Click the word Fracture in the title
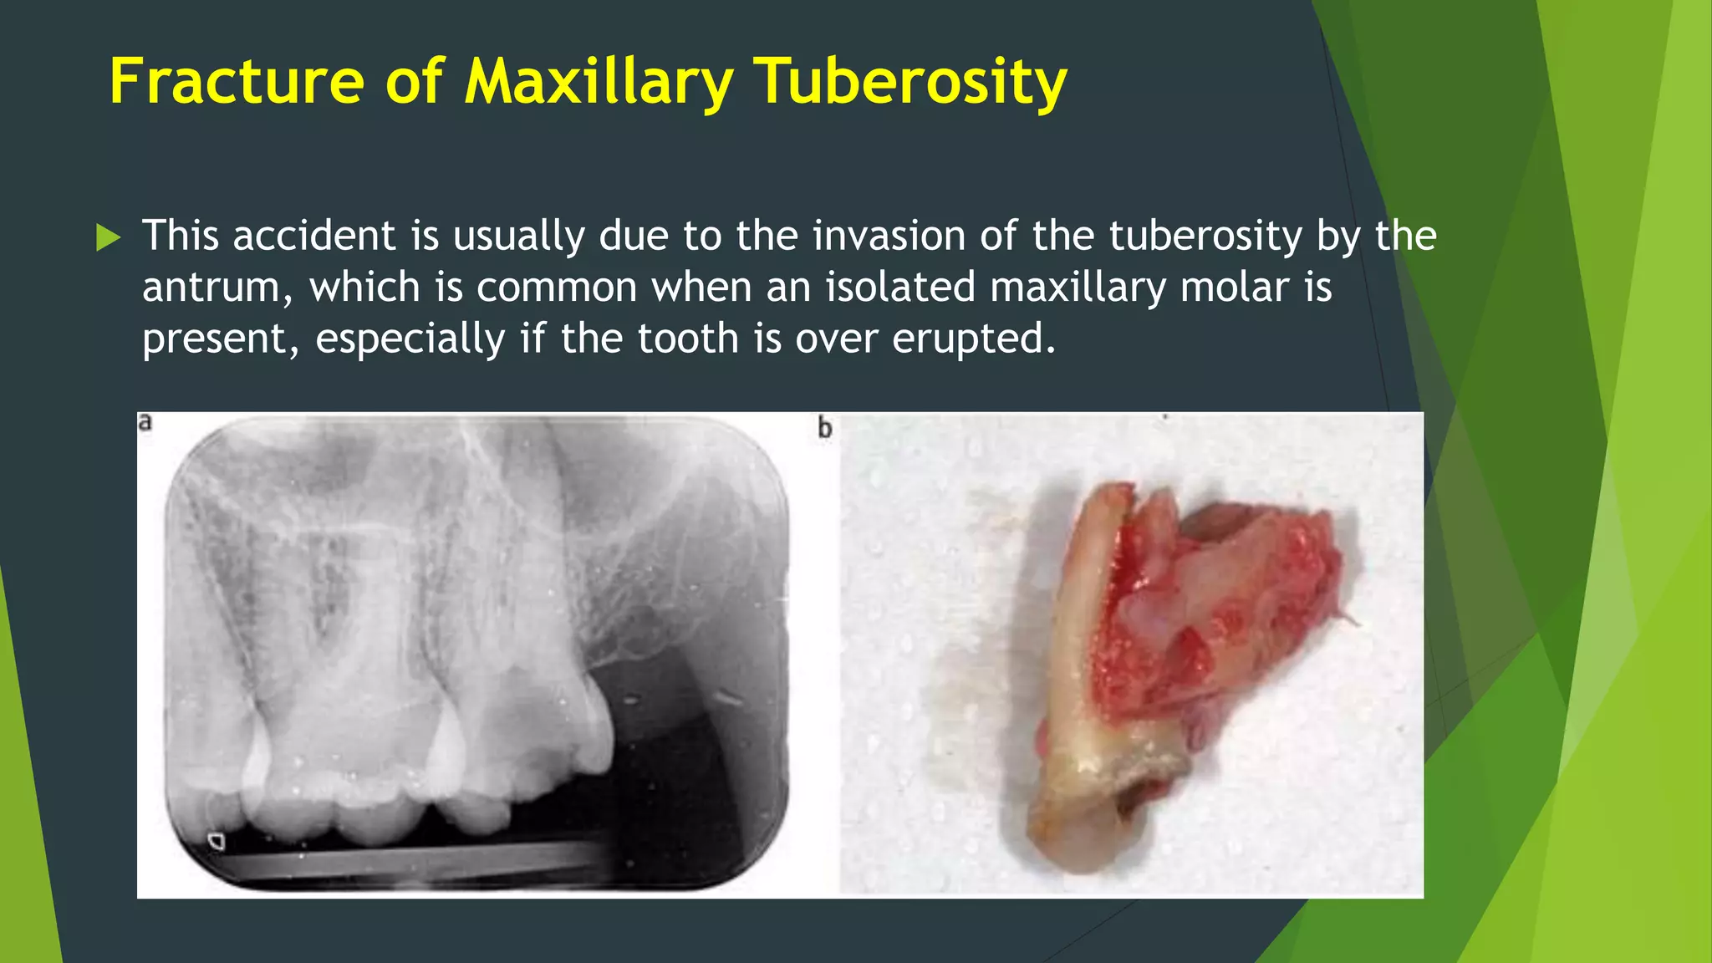click(237, 82)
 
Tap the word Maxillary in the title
click(599, 82)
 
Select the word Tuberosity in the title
click(910, 82)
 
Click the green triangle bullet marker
click(108, 237)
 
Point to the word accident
click(313, 236)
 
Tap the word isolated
click(899, 287)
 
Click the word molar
click(1235, 287)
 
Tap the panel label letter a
click(145, 422)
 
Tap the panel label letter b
click(825, 428)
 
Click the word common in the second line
click(557, 288)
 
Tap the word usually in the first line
click(518, 237)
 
